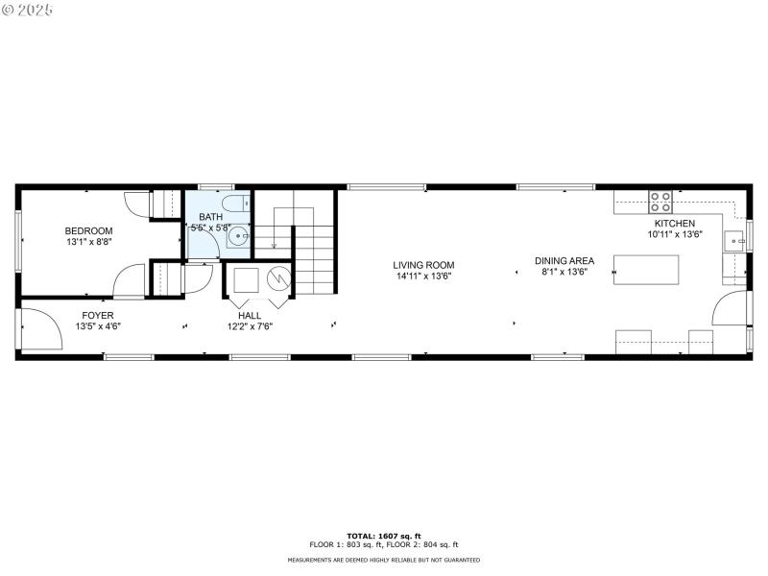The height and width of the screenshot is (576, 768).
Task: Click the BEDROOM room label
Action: [88, 230]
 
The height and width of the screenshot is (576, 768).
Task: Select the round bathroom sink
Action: [239, 233]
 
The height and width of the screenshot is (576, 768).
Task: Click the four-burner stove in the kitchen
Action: [660, 202]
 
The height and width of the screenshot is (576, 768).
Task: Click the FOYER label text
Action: [97, 315]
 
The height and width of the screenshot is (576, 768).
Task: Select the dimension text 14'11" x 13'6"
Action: [423, 276]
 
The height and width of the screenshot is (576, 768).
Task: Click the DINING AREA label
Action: [564, 260]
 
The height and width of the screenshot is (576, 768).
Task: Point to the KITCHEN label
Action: [675, 223]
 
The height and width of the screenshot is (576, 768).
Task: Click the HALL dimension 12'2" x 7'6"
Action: [250, 325]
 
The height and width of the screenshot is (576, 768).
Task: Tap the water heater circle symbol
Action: [278, 280]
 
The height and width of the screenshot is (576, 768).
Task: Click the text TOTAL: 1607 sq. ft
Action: [384, 536]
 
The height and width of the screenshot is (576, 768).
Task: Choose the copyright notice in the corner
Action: [27, 9]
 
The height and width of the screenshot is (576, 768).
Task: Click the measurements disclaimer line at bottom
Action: [384, 560]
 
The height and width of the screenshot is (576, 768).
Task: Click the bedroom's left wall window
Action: [17, 239]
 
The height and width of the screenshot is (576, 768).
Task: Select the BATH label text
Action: [210, 217]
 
